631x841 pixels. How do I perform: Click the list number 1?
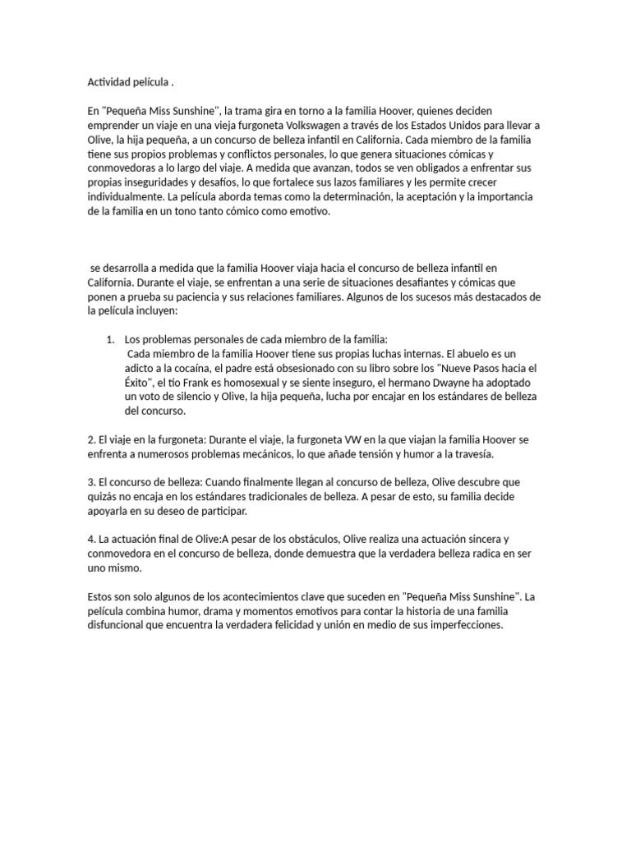(x=110, y=339)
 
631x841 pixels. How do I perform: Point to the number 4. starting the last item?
(x=92, y=539)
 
